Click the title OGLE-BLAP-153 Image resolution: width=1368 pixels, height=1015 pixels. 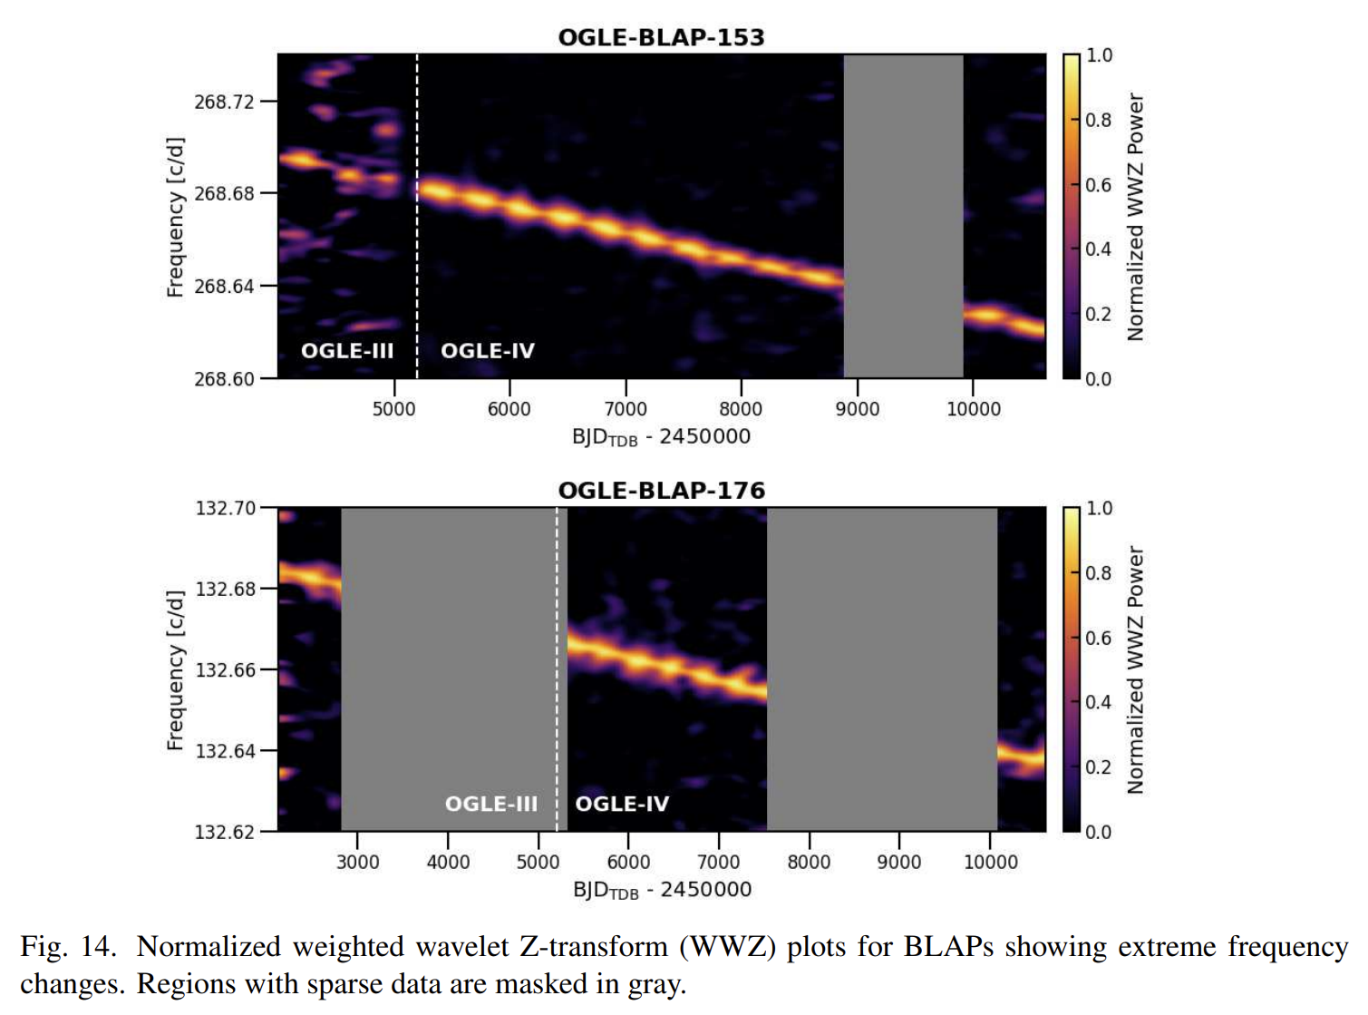coord(661,37)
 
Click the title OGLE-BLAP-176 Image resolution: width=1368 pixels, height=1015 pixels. coord(661,491)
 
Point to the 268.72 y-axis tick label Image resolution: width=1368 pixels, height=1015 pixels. coord(225,102)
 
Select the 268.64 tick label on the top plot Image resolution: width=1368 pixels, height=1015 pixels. coord(225,287)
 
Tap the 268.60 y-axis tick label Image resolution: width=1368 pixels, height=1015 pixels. coord(225,379)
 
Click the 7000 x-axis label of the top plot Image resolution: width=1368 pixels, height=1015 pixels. coord(626,409)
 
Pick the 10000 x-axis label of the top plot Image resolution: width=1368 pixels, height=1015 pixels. coord(974,409)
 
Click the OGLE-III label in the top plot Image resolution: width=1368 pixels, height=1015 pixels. coord(347,351)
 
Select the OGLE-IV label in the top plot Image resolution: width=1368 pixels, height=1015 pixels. coord(488,351)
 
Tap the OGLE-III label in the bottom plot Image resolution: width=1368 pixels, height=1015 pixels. coord(491,805)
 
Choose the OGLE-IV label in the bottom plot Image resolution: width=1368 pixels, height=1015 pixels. coord(622,805)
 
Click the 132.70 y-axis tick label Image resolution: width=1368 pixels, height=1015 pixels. coord(226,508)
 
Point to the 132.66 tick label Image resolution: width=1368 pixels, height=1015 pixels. coord(226,670)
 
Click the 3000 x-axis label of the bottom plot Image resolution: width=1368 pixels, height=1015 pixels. coord(358,862)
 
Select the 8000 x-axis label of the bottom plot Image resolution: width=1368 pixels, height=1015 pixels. coord(809,862)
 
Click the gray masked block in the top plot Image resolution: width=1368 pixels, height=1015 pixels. coord(903,216)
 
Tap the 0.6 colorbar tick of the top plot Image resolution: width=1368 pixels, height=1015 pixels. coord(1099,185)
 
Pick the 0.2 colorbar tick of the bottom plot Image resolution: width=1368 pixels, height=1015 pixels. coord(1099,767)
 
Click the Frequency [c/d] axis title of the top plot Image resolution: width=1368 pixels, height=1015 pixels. coord(175,217)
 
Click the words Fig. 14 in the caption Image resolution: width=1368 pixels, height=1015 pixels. coord(68,947)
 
